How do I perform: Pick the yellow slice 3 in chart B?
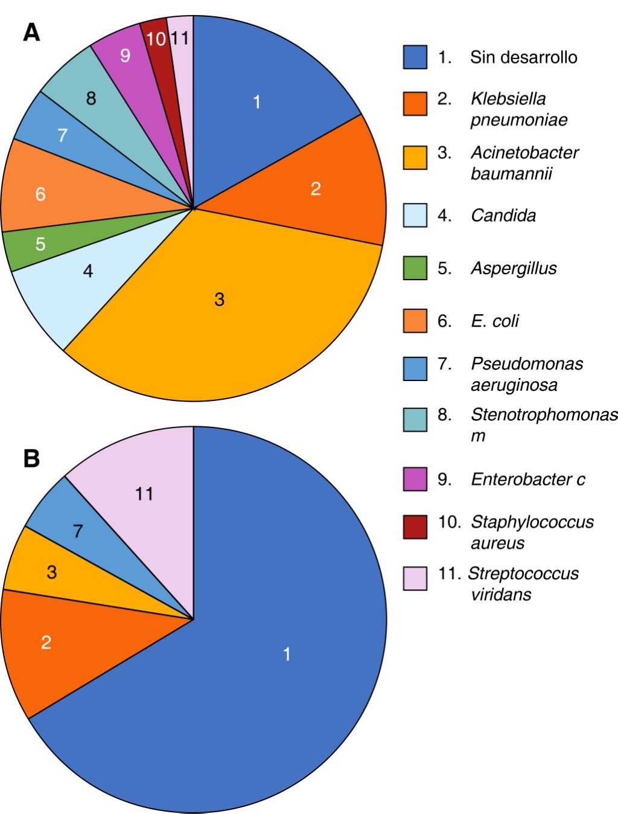coord(51,572)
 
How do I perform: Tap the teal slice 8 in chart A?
coord(91,98)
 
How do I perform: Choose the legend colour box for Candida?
coord(415,216)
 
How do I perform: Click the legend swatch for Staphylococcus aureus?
coord(415,526)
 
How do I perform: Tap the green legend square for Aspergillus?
coord(415,268)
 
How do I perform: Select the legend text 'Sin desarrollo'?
coord(523,57)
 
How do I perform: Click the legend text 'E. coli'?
coord(495,321)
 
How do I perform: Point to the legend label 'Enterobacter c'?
coord(527,479)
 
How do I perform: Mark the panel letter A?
coord(31,32)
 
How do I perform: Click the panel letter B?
coord(31,458)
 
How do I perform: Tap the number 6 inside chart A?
coord(40,194)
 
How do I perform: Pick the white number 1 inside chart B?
coord(287,653)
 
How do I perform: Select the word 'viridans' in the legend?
coord(501,594)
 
